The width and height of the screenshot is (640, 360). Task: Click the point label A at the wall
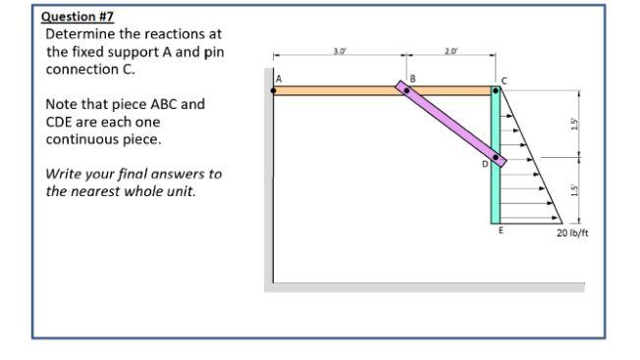[x=278, y=78]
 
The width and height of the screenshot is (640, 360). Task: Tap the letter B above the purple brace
[x=412, y=77]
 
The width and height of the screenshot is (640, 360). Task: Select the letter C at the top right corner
[x=506, y=78]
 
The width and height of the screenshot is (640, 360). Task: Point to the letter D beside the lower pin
[x=484, y=165]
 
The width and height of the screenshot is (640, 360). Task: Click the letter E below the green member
[x=499, y=231]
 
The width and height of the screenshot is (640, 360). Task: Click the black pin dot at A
[x=274, y=90]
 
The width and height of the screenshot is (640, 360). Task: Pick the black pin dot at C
[x=497, y=91]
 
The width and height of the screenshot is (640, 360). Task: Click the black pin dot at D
[x=497, y=157]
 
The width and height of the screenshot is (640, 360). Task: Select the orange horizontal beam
[x=334, y=90]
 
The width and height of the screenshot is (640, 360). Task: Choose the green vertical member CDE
[x=497, y=196]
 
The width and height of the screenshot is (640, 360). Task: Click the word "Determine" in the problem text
[x=78, y=35]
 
